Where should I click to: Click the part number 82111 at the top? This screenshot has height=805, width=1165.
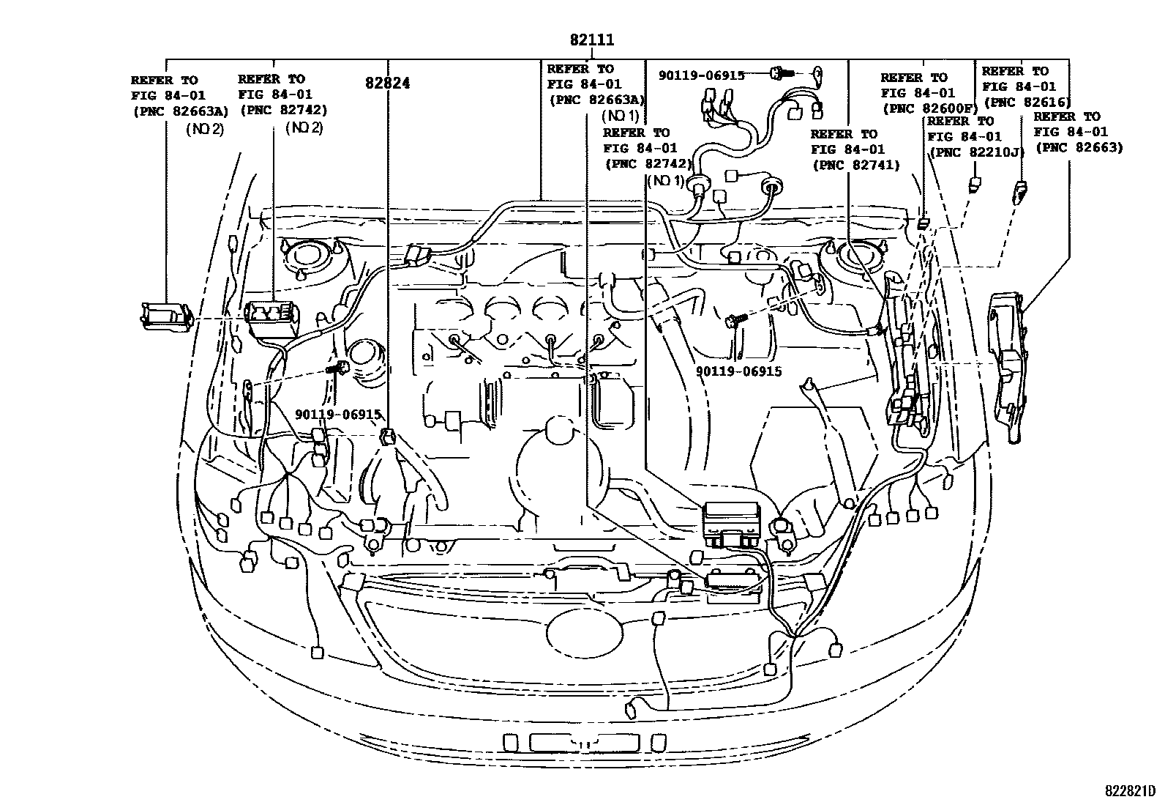(592, 40)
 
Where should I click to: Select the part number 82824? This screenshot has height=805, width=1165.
(387, 84)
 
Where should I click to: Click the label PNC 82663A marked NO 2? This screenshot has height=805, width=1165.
(180, 111)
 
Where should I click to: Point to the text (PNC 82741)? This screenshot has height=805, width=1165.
(855, 166)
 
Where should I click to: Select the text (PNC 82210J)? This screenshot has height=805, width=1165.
(976, 152)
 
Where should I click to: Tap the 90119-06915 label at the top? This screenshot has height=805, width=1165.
(701, 75)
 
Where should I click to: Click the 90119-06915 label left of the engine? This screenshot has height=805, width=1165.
(338, 415)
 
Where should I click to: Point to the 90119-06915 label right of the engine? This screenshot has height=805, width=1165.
(738, 371)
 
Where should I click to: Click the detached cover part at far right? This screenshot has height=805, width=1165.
(1007, 366)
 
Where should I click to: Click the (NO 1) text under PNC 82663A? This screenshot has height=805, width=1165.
(621, 116)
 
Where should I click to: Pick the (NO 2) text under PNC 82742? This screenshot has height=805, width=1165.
(304, 127)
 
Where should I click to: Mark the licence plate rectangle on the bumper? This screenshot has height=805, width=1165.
(583, 742)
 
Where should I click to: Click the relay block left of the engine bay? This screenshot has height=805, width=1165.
(272, 316)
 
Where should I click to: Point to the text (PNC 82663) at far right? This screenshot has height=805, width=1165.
(1079, 148)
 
